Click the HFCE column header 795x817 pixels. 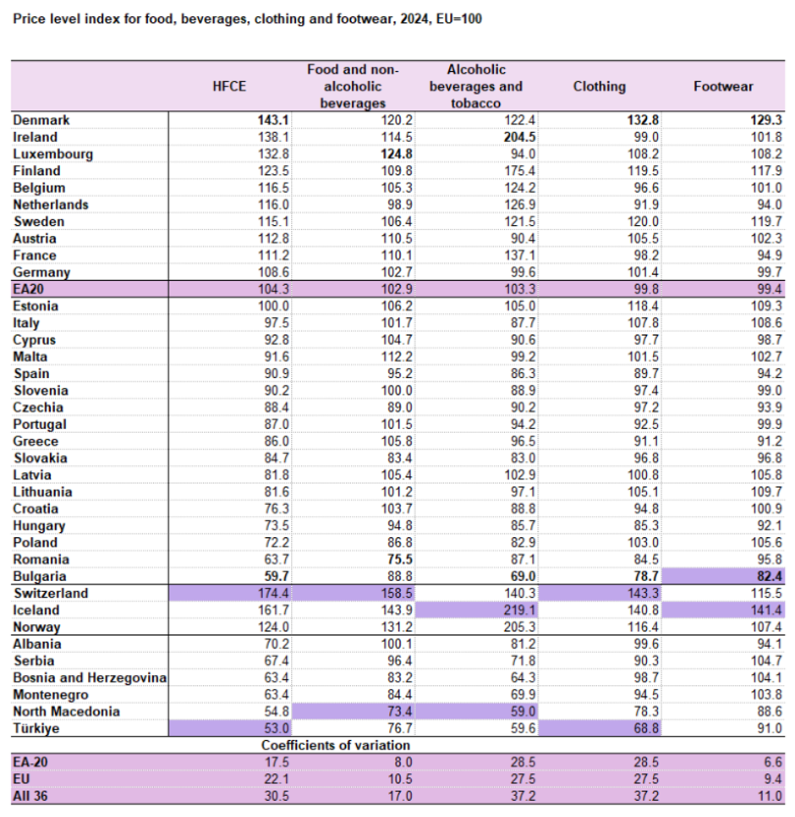point(229,86)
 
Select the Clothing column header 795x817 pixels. point(599,86)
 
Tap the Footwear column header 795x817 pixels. point(722,86)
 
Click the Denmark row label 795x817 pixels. point(41,120)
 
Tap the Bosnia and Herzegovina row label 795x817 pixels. point(90,677)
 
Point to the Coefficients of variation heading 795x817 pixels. point(336,745)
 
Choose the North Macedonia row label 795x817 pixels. point(67,711)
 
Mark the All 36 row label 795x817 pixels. point(33,796)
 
